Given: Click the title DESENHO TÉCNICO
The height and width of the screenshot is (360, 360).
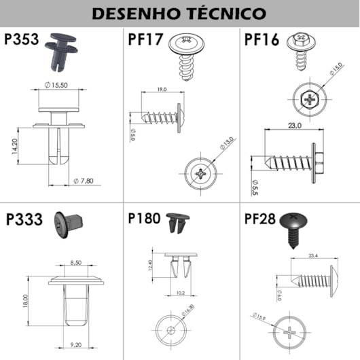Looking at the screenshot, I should coord(179,13).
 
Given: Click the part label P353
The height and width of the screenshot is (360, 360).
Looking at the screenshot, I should coord(22,39).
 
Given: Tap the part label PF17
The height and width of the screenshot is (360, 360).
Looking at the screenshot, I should coord(145,39).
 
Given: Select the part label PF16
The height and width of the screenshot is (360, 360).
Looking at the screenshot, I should coord(262,39).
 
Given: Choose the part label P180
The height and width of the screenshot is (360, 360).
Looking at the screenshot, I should coord(144,219).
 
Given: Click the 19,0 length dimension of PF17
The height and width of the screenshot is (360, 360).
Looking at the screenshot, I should coord(161,89).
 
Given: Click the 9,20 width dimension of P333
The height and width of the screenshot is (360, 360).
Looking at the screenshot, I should coord(75,345).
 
